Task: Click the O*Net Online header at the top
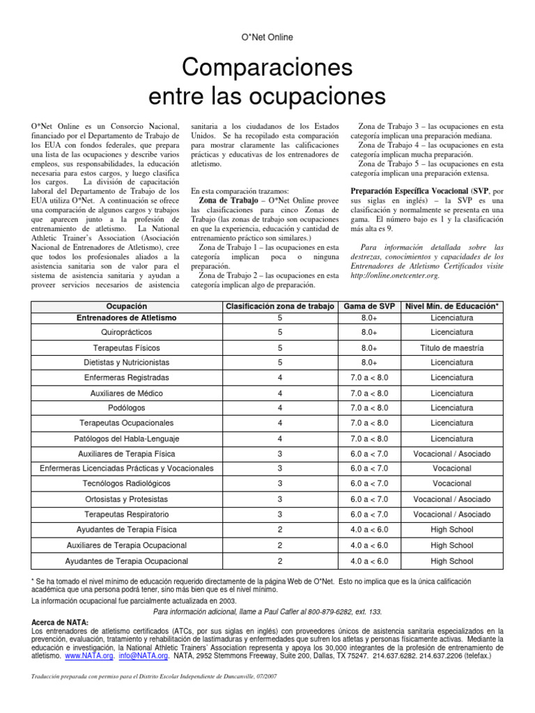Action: [267, 37]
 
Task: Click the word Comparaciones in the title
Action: [267, 68]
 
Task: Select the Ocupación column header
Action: [126, 306]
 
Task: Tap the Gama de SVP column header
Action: [369, 306]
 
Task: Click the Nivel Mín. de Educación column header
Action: [451, 306]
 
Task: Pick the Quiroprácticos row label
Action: [126, 333]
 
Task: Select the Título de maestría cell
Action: [451, 347]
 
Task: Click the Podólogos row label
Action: [126, 407]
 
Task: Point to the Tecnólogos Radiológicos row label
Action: [126, 483]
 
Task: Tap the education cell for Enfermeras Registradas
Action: [451, 377]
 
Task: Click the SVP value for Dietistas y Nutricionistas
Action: [369, 363]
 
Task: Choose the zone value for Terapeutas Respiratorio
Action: [280, 514]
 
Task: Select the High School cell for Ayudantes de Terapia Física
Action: [451, 529]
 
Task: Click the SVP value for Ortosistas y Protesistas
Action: [369, 499]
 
